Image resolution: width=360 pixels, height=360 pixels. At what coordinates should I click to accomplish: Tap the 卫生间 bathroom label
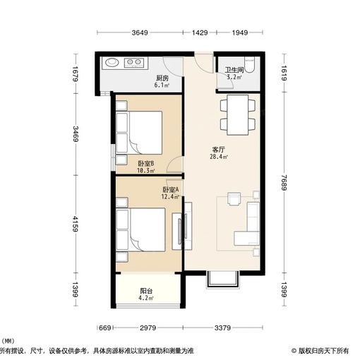coord(234,70)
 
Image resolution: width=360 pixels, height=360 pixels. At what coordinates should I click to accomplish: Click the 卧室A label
coord(170,190)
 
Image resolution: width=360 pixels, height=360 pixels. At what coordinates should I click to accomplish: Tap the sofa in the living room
coord(251,222)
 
